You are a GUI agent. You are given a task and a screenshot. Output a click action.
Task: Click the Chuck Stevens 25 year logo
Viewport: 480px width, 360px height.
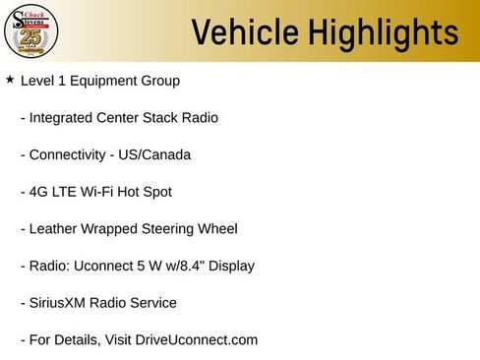[31, 32]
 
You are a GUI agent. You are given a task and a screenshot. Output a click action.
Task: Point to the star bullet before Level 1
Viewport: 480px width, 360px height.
[10, 79]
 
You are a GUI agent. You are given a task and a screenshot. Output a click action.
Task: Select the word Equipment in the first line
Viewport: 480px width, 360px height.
[107, 81]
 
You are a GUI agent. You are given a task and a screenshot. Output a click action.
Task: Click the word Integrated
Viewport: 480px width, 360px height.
[65, 118]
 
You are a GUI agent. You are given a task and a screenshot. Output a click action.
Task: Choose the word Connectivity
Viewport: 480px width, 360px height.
[69, 155]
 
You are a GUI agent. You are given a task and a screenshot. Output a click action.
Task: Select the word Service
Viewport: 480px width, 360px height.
[151, 303]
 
